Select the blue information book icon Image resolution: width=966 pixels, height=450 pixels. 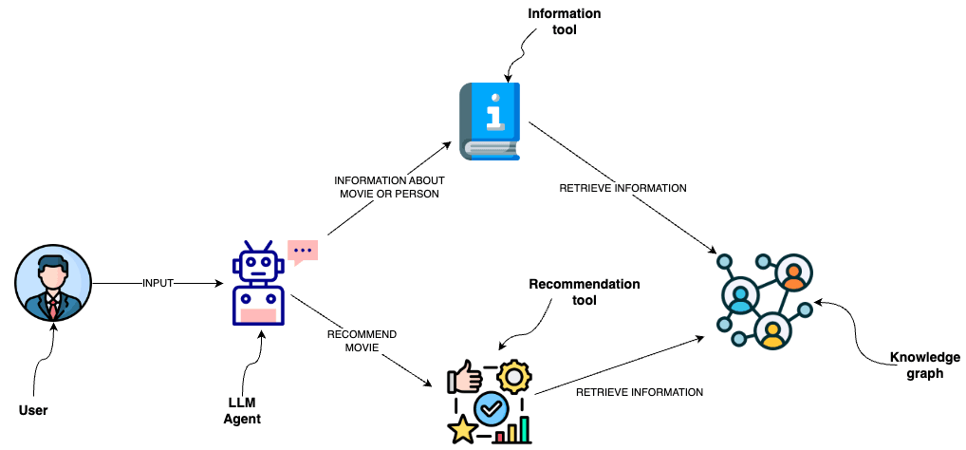tap(491, 121)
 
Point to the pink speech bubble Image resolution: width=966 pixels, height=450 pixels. tap(303, 252)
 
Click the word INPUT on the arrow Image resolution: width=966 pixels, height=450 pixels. tap(158, 283)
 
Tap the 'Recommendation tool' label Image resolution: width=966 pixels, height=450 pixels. tap(584, 291)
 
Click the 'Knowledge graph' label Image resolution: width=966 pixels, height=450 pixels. tap(924, 366)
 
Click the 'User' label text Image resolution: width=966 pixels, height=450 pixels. tap(33, 411)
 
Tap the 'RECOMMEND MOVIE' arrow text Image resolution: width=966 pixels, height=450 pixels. tap(361, 341)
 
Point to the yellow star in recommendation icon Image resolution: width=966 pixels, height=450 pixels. tap(464, 429)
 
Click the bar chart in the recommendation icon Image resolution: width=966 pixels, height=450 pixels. tap(513, 432)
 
